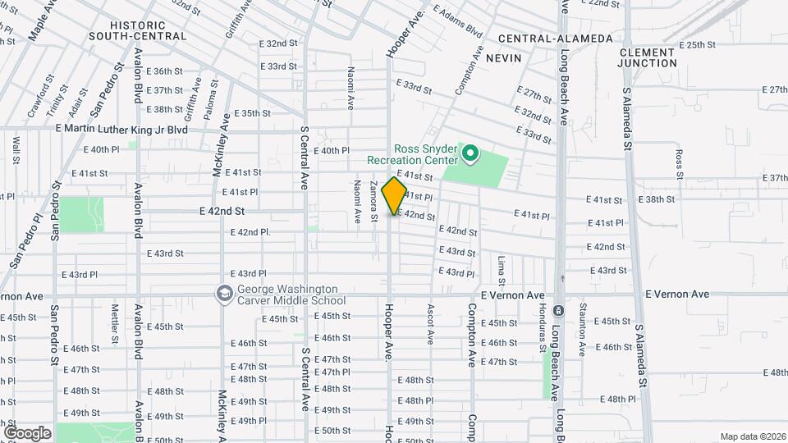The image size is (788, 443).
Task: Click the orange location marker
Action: coord(395,196)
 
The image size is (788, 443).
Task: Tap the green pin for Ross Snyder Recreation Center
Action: coord(471,153)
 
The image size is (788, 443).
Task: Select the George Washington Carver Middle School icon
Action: coord(223,294)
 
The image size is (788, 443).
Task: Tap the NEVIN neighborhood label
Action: coord(504,59)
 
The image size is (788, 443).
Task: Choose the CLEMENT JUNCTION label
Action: coord(648,57)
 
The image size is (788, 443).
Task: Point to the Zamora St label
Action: coord(373,200)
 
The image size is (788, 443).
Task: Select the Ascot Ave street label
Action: coord(428,324)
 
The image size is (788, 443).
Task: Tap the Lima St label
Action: coord(501,270)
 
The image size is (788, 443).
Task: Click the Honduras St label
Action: coord(543,329)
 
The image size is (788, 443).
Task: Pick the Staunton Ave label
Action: coord(582,329)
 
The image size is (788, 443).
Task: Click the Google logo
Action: coord(26,432)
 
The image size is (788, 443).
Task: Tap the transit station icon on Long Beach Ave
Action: coord(557,312)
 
